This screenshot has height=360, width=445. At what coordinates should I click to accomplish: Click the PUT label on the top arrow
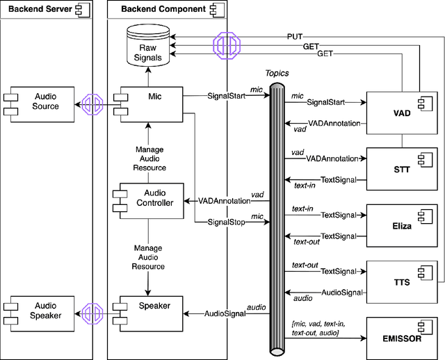pos(295,35)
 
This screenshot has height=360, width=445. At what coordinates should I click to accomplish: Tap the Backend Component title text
pos(154,10)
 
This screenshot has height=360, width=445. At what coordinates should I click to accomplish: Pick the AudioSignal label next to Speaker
pos(223,313)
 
